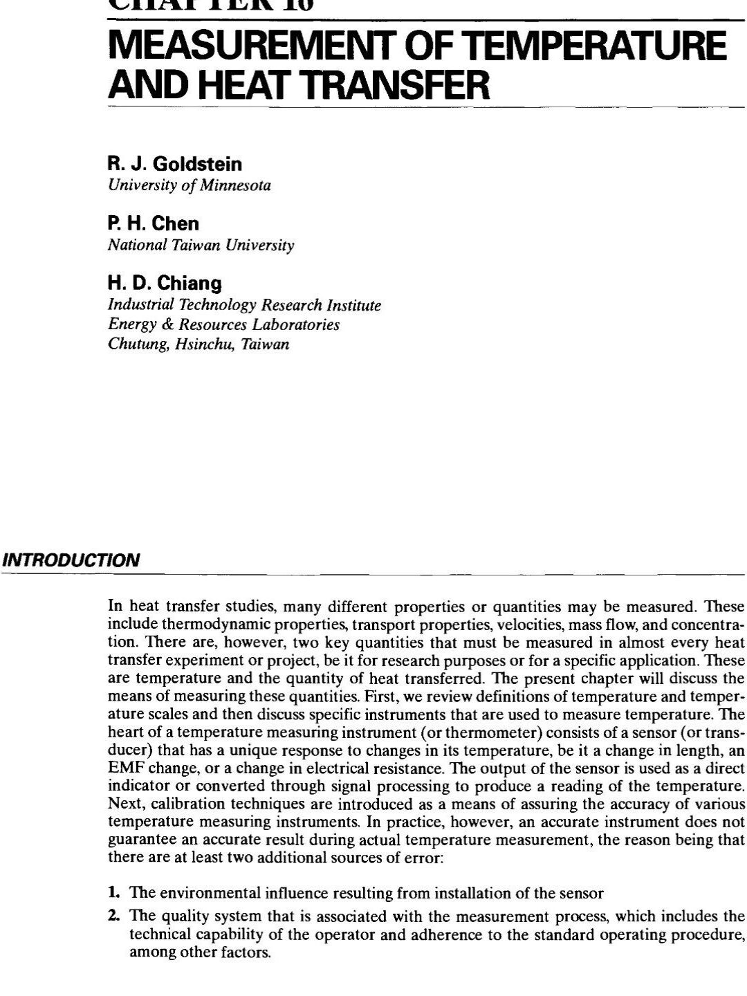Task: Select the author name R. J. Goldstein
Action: [x=175, y=164]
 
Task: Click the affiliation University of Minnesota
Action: [x=190, y=185]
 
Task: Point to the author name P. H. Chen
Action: [x=154, y=223]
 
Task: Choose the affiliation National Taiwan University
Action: [x=201, y=245]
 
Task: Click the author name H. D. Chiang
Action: [x=165, y=283]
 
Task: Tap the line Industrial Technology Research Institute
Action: [x=244, y=305]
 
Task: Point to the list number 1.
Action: [x=113, y=893]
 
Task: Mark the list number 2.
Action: [x=114, y=916]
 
